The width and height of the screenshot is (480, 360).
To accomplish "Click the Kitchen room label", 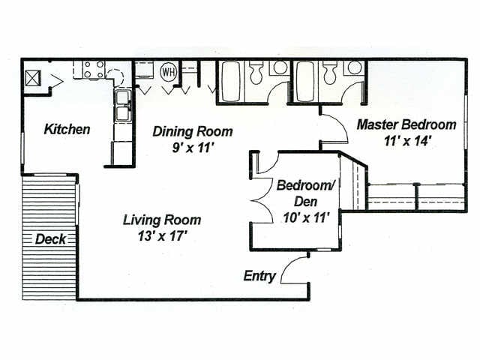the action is click(67, 129).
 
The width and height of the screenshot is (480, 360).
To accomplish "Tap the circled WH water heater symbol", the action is click(169, 72).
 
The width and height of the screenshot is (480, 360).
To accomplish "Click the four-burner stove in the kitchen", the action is click(94, 70).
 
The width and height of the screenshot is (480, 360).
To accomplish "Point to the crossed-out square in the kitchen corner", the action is click(33, 78).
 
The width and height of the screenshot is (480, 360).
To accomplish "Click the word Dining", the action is click(172, 132).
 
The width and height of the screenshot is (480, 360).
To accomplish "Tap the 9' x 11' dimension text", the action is click(192, 148).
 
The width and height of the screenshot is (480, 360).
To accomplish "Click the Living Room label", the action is click(162, 220).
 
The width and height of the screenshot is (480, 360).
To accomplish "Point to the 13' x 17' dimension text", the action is click(162, 236).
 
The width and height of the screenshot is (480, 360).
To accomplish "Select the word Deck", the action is click(50, 239).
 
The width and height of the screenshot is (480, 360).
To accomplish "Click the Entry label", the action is click(259, 276).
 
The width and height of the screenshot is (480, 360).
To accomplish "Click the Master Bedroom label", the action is click(406, 124).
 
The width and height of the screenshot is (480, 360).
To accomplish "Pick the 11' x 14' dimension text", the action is click(407, 141).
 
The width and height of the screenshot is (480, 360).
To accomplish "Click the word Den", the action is click(305, 202).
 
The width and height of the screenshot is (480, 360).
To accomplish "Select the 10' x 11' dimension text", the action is click(306, 218).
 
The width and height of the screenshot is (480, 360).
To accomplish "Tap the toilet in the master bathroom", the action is click(329, 73).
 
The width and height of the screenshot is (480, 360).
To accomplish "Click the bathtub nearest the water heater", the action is click(230, 81).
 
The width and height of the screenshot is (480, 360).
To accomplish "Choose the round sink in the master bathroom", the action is click(354, 67).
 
